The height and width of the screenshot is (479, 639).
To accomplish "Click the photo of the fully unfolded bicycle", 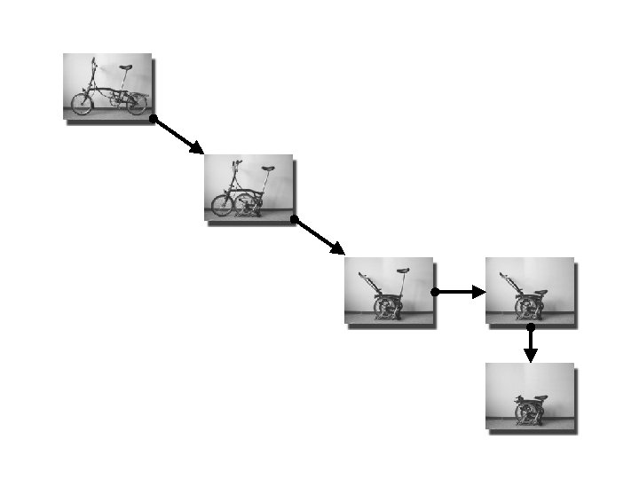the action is (x=107, y=86).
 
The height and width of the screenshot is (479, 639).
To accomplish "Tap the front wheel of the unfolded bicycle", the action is (x=82, y=104).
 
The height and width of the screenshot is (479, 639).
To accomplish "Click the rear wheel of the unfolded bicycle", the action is (x=136, y=104).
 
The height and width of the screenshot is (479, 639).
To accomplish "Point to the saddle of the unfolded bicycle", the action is (x=127, y=67).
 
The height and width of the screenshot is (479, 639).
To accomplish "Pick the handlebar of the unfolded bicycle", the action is (x=93, y=61).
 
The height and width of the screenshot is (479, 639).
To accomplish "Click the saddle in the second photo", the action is (x=267, y=168).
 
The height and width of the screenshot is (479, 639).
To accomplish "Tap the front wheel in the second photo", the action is (x=222, y=206).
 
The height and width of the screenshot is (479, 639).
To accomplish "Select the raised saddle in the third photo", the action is (x=403, y=271).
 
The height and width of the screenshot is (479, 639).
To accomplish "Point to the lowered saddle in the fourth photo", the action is (x=540, y=293).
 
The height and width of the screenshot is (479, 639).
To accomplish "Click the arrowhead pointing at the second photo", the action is (x=197, y=147).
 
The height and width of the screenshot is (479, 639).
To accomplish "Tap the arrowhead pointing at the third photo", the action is (x=337, y=248).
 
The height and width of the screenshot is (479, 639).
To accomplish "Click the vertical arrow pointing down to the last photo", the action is (x=530, y=345).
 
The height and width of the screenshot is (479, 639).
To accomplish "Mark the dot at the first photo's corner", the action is (x=153, y=118).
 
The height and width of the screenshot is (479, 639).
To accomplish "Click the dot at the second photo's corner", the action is (x=294, y=218).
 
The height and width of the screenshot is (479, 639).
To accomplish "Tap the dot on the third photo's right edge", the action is (x=434, y=292).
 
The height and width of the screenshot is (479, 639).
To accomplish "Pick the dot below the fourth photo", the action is (x=530, y=326).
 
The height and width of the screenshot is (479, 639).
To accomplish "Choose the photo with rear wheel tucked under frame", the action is (x=248, y=187).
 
